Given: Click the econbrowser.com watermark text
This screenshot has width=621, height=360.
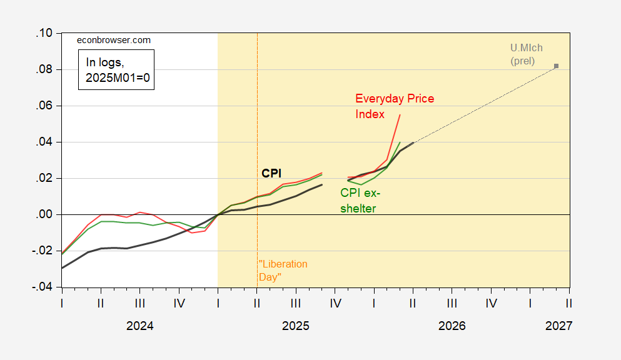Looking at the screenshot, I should pyautogui.click(x=113, y=40).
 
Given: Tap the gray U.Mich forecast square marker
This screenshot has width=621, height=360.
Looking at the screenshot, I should pyautogui.click(x=556, y=66).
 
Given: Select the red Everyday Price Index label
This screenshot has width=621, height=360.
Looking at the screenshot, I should pyautogui.click(x=394, y=106).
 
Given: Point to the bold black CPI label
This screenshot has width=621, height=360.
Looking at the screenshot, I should pyautogui.click(x=271, y=172).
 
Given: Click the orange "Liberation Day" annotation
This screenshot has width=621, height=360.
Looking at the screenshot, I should pyautogui.click(x=283, y=270).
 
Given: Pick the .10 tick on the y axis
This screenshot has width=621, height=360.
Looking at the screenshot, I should pyautogui.click(x=44, y=33).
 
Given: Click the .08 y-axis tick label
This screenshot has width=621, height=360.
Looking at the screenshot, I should pyautogui.click(x=44, y=69).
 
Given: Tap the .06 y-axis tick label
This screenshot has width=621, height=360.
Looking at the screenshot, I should pyautogui.click(x=44, y=106).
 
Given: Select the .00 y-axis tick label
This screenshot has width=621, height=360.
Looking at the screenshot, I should pyautogui.click(x=44, y=214).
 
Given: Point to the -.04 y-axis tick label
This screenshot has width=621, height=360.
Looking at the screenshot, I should pyautogui.click(x=43, y=287).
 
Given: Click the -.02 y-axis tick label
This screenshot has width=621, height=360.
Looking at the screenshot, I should pyautogui.click(x=43, y=251).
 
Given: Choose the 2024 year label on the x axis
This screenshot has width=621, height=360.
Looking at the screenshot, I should pyautogui.click(x=139, y=326).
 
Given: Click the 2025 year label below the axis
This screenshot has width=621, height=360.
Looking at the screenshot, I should pyautogui.click(x=296, y=326).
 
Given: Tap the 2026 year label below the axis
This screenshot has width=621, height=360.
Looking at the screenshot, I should pyautogui.click(x=452, y=326).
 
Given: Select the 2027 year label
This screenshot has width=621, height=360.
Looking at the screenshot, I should pyautogui.click(x=558, y=326).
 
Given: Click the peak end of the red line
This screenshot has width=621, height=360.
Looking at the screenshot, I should pyautogui.click(x=400, y=115).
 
